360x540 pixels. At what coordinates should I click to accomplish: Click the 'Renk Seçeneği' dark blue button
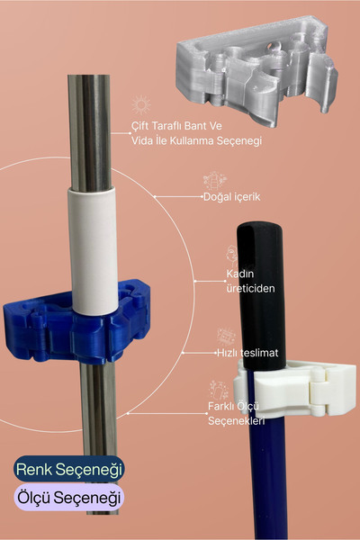[69, 469]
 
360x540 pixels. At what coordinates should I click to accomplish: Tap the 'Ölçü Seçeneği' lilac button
[69, 498]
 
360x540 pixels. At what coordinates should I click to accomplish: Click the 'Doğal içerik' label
[231, 197]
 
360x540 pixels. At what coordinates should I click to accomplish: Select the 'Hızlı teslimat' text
[247, 353]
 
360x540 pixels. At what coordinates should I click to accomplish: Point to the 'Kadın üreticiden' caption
[250, 281]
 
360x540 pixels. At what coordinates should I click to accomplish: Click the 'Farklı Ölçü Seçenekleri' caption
[237, 413]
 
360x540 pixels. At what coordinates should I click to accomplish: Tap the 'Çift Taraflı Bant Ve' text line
[176, 126]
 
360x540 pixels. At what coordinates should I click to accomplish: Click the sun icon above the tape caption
[141, 105]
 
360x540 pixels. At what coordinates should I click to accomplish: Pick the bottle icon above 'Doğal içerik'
[215, 181]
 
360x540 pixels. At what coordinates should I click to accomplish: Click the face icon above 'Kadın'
[232, 256]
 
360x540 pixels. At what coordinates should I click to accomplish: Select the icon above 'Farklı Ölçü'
[219, 391]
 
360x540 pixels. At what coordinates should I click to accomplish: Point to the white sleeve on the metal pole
[93, 250]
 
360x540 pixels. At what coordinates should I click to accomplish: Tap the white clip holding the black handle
[294, 389]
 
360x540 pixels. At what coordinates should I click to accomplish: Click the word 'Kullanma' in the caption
[191, 140]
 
